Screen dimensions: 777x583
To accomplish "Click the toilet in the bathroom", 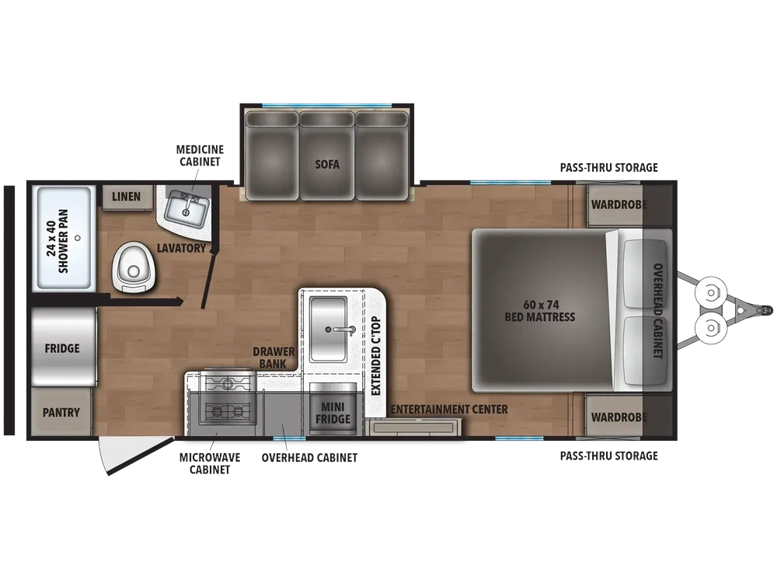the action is (x=134, y=267).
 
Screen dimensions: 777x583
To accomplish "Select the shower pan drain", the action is (x=77, y=238).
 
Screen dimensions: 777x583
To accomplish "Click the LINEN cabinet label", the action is (x=126, y=197).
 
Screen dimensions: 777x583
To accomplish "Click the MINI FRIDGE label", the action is (x=333, y=413).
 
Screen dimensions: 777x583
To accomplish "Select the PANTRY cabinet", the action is (x=61, y=411).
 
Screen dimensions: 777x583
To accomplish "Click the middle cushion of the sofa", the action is (x=327, y=155).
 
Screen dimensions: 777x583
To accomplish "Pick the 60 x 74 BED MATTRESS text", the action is (x=540, y=311).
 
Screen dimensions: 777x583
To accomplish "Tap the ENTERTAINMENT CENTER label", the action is (x=449, y=410).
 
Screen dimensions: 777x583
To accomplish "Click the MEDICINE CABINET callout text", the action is (x=200, y=155).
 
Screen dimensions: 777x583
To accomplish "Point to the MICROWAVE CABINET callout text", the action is (x=210, y=463).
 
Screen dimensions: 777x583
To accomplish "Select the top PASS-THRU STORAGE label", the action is (x=609, y=168).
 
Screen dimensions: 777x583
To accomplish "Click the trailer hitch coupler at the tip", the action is (x=765, y=310).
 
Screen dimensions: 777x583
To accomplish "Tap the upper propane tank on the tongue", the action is (x=711, y=292).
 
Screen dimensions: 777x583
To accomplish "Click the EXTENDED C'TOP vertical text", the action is (x=375, y=355).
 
